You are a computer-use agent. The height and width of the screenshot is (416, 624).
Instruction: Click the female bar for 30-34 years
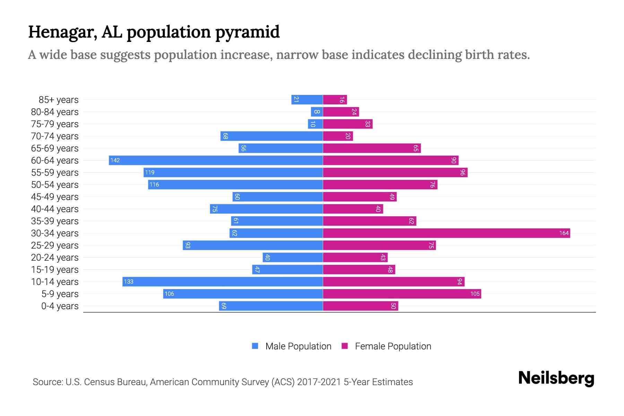click(x=447, y=233)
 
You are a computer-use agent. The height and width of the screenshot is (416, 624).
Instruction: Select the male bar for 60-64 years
click(x=216, y=160)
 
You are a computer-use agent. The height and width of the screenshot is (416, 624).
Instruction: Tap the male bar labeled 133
click(x=223, y=281)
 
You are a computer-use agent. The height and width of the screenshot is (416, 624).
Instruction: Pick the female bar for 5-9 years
click(x=402, y=294)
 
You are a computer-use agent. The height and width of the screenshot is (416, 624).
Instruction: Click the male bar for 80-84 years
click(x=317, y=112)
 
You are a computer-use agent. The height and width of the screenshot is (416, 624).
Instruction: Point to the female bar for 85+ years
click(x=335, y=99)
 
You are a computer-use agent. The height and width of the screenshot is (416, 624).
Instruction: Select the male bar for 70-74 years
click(x=271, y=136)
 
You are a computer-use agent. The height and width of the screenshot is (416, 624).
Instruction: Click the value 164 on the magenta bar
click(x=564, y=233)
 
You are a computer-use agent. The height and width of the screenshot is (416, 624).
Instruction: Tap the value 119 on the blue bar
click(x=150, y=172)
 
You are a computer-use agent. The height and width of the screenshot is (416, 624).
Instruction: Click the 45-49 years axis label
click(x=55, y=197)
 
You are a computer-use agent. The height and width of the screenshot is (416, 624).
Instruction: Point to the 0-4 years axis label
click(x=60, y=306)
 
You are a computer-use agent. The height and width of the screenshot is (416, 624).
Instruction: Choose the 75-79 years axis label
click(x=55, y=124)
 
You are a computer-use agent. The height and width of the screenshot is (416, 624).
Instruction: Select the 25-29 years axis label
click(x=55, y=245)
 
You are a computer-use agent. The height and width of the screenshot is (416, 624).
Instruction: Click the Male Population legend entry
click(x=298, y=346)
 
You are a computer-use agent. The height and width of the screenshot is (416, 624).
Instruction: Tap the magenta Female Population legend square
click(x=345, y=346)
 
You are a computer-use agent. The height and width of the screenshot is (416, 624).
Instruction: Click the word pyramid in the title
click(x=247, y=32)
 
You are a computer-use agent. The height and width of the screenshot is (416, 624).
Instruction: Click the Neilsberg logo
click(x=556, y=378)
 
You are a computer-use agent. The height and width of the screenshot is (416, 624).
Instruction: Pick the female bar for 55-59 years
click(x=395, y=172)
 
